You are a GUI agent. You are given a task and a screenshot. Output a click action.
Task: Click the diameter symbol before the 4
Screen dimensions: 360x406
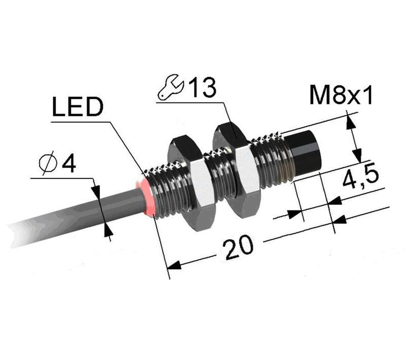click(49, 164)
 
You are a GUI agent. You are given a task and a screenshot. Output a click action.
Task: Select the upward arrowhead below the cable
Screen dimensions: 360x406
click(107, 230)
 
